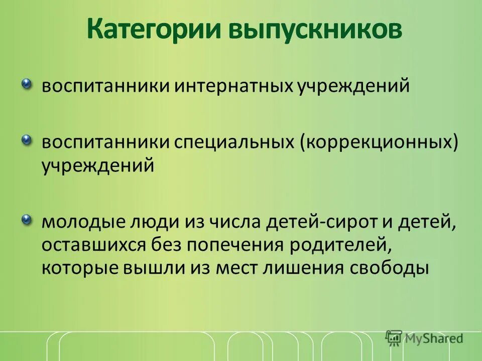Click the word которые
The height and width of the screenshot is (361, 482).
(x=78, y=268)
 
